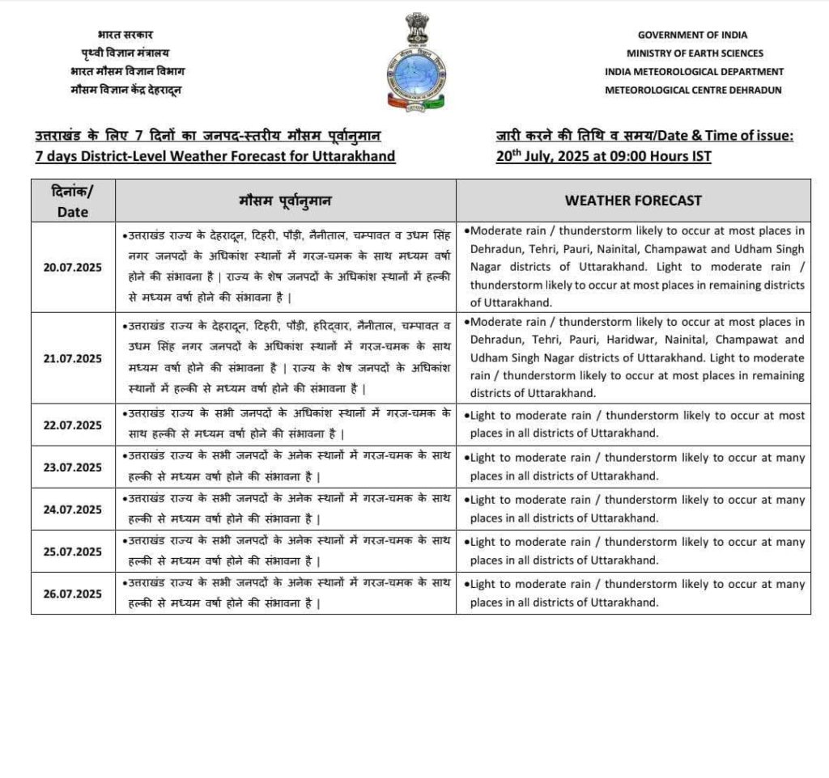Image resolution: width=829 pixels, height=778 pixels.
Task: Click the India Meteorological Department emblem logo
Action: tap(416, 63)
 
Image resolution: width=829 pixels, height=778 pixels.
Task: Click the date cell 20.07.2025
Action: tap(73, 267)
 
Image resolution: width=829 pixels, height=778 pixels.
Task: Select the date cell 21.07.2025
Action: tap(73, 358)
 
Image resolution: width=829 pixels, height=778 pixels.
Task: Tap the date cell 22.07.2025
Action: tap(73, 425)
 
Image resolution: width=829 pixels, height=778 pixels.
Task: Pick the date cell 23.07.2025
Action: tap(73, 467)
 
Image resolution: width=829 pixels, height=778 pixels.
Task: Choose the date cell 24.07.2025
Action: tap(73, 510)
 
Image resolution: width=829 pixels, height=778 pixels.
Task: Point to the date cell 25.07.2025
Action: tap(73, 552)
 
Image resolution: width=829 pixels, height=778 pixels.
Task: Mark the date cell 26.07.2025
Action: tap(73, 594)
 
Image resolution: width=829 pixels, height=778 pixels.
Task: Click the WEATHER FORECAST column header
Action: tap(633, 200)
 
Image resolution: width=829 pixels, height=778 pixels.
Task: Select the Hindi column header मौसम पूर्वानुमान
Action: tap(286, 200)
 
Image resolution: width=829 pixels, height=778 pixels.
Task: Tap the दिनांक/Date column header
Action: tap(73, 201)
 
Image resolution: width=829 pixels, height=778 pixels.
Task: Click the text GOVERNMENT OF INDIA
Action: tap(692, 35)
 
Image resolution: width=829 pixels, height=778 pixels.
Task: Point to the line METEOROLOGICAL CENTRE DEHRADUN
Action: tap(693, 90)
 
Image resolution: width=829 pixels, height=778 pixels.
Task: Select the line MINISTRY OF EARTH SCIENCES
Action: tap(694, 53)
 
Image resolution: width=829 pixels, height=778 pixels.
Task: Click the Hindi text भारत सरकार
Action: tap(125, 35)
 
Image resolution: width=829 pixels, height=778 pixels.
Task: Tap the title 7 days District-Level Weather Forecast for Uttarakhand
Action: tap(215, 155)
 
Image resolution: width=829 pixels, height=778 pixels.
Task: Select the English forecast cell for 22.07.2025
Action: tap(633, 425)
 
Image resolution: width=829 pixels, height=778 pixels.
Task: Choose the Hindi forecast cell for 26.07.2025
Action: tap(286, 594)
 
